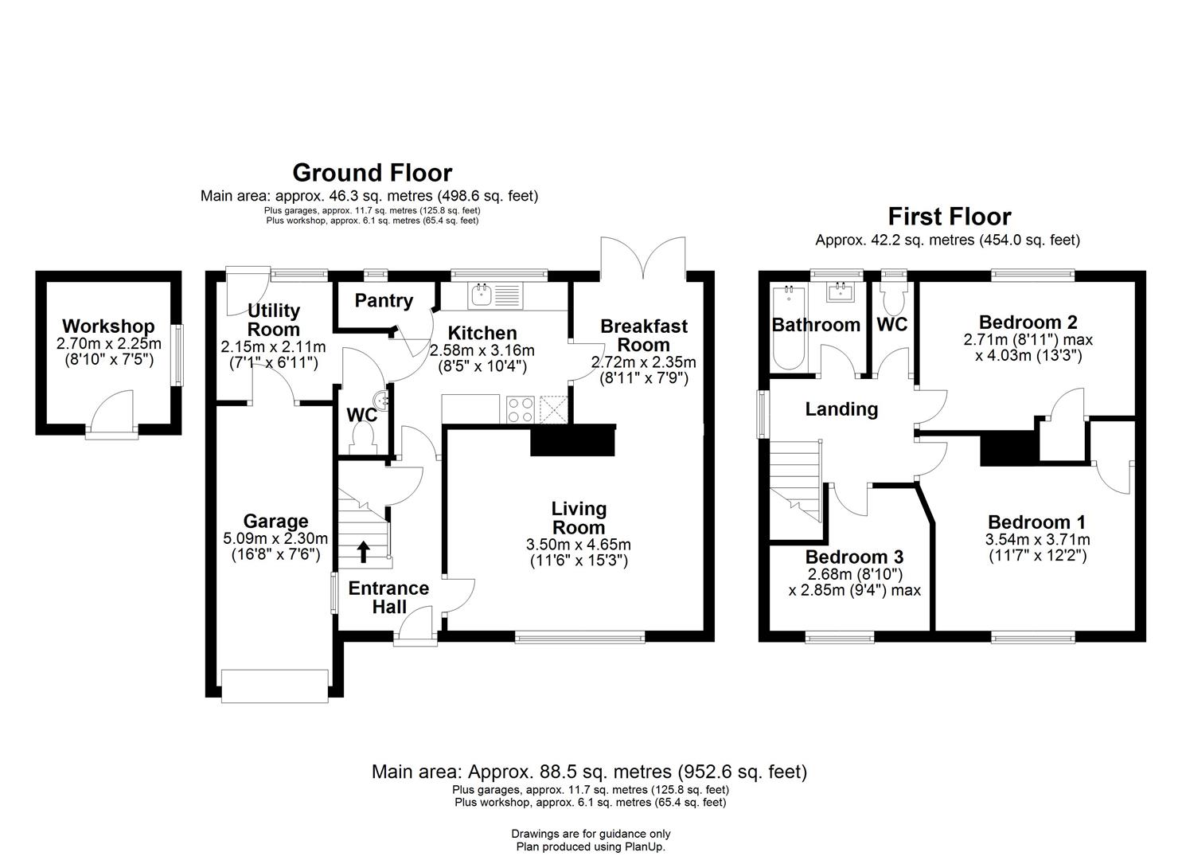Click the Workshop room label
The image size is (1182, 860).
108,326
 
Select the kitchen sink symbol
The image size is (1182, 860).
482,296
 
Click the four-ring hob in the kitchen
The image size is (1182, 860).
521,409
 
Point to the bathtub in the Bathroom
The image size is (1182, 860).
789,328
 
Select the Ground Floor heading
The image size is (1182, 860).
372,173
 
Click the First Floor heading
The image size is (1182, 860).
949,217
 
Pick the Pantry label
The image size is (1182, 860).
384,301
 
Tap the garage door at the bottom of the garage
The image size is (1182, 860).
275,686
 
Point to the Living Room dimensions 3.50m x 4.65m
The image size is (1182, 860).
578,545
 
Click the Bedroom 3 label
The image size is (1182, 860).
854,557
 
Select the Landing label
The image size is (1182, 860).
841,409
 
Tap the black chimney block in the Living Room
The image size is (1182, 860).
573,440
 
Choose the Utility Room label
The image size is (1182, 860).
274,320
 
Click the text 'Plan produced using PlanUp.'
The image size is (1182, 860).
590,847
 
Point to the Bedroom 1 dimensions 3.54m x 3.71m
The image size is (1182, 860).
1037,540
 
